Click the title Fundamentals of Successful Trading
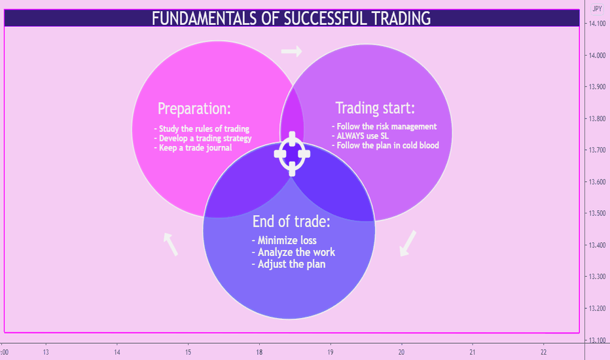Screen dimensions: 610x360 [x=291, y=18]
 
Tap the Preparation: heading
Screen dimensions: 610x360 [x=194, y=109]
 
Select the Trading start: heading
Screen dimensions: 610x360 [x=375, y=108]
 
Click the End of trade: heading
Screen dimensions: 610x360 [x=291, y=221]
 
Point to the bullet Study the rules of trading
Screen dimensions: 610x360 [x=202, y=129]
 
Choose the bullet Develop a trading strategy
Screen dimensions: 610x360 [x=203, y=139]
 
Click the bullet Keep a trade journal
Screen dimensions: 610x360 [x=193, y=148]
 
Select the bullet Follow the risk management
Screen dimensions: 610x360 [x=384, y=126]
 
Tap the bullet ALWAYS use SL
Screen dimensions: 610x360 [x=360, y=136]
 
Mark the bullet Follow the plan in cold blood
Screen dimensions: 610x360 [x=385, y=145]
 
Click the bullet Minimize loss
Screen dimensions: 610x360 [x=284, y=240]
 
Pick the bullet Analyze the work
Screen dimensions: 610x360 [x=293, y=252]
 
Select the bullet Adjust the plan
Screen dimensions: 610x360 [x=289, y=264]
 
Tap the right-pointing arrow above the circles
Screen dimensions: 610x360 [x=291, y=51]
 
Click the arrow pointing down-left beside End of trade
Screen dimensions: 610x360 [x=408, y=243]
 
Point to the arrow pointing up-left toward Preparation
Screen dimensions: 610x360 [x=171, y=244]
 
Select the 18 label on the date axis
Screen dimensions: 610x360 [x=259, y=352]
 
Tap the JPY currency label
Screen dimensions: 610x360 [x=597, y=9]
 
